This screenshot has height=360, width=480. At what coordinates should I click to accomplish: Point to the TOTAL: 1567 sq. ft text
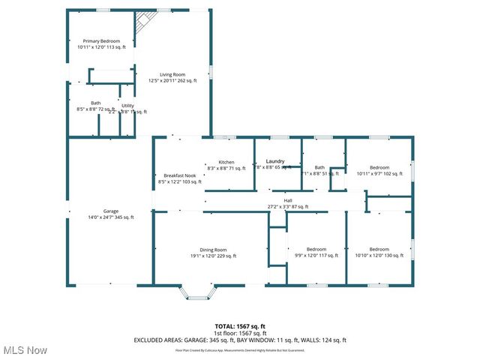[240, 326]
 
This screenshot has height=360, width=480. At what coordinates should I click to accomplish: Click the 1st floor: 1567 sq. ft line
[240, 333]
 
